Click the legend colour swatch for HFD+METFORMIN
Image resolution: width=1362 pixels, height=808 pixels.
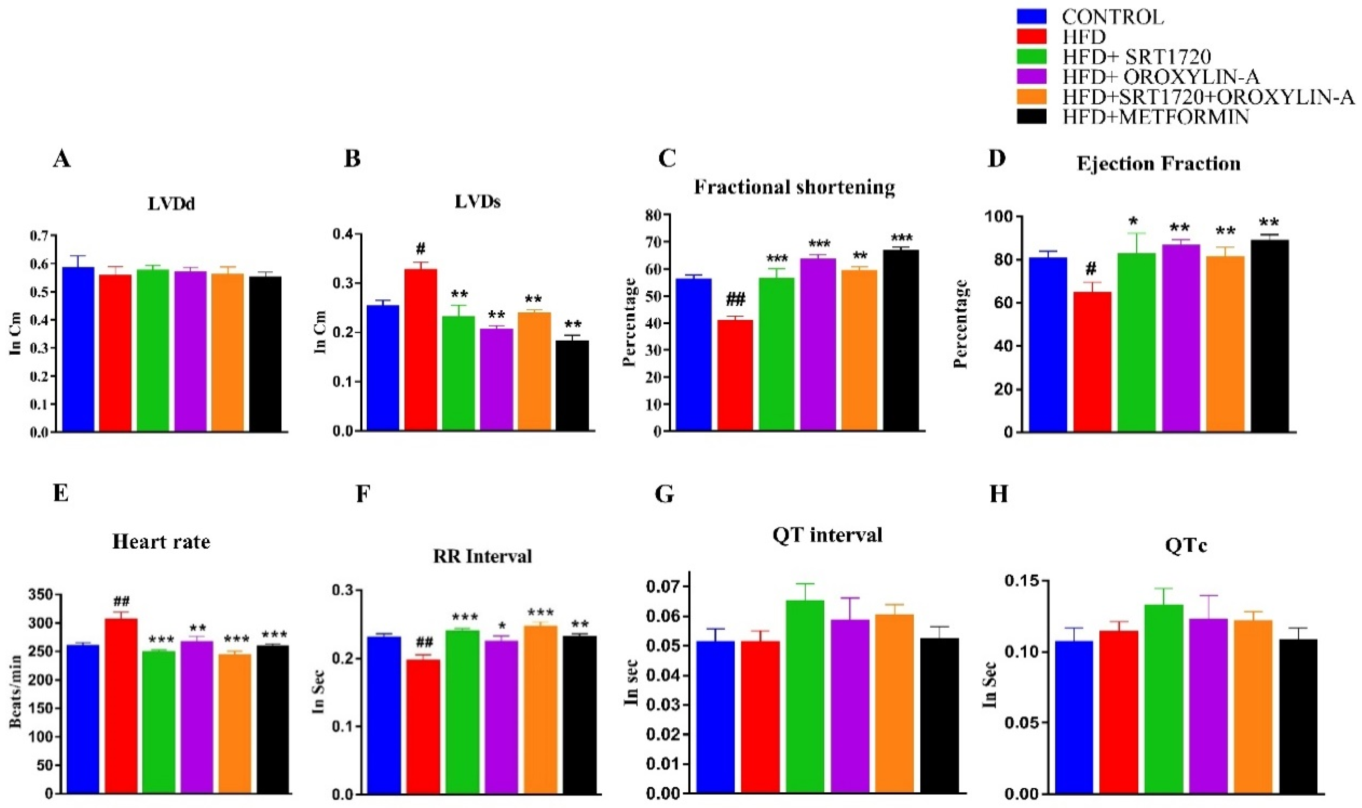1032,116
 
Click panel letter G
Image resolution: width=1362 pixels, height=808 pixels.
665,494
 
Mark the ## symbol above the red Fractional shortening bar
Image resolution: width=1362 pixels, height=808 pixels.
735,299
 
